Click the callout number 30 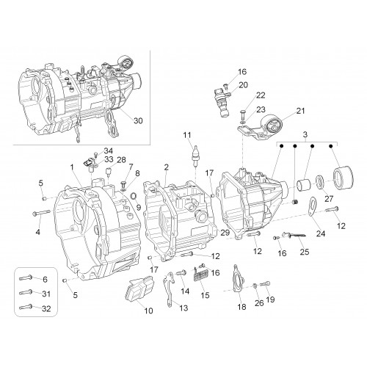click(x=138, y=120)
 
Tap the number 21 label click(x=300, y=111)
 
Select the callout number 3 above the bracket click(x=305, y=134)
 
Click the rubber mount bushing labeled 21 click(x=272, y=125)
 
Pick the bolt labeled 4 click(x=41, y=213)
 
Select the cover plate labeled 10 click(x=139, y=288)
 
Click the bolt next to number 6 click(x=26, y=277)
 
